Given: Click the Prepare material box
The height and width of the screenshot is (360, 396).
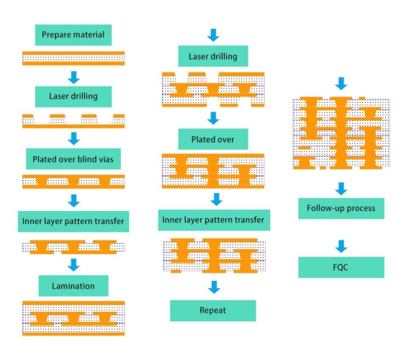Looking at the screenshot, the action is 73,35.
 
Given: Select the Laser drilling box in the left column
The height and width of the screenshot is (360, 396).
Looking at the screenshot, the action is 73,96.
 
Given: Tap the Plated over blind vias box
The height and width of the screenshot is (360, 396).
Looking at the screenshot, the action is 73,159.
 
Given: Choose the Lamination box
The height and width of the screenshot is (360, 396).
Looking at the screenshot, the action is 73,286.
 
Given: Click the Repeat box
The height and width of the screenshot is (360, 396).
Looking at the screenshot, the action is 213,310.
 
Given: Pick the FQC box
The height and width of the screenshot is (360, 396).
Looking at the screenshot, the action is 341,267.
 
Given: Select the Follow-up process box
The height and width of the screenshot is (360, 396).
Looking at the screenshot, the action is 341,208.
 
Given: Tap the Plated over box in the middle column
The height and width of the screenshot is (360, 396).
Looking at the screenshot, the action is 213,139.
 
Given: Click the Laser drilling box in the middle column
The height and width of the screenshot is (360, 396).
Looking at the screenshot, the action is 213,56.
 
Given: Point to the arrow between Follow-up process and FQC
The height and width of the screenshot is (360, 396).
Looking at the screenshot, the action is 341,246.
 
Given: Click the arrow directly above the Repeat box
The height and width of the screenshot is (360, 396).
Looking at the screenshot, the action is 214,287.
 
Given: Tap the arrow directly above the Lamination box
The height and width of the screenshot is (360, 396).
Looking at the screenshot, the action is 73,265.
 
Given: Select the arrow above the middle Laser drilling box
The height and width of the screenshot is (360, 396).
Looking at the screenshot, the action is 213,35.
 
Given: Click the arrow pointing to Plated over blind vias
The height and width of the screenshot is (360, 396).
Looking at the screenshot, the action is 73,138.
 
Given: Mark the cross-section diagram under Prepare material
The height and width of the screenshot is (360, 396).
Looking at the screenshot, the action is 73,58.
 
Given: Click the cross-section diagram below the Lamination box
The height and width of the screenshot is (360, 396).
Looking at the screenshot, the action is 73,318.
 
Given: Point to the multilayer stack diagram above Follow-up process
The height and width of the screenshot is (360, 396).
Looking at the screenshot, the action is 341,133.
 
